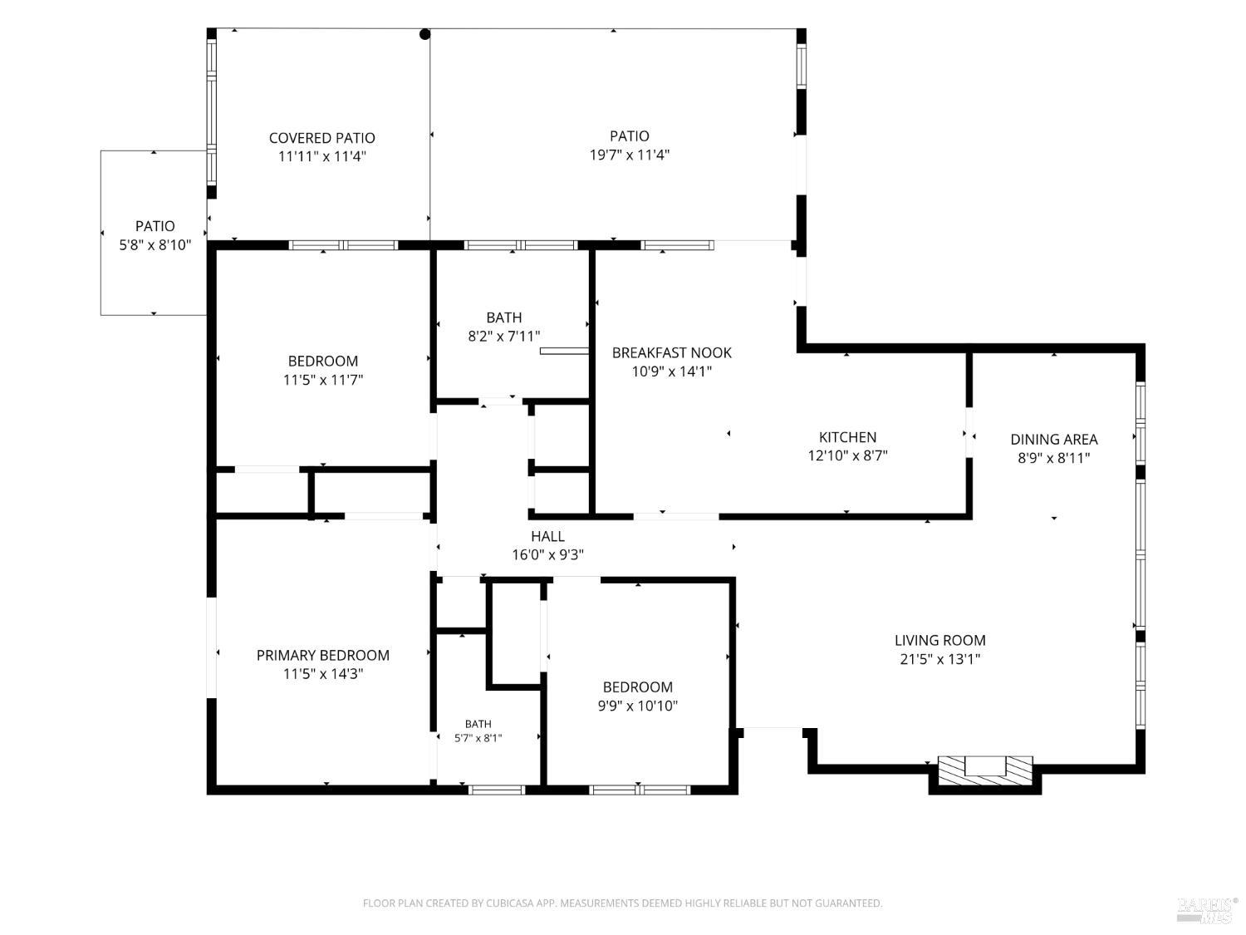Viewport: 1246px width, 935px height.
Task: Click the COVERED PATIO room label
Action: pyautogui.click(x=321, y=138)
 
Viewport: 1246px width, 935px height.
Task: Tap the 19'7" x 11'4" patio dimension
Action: pyautogui.click(x=630, y=155)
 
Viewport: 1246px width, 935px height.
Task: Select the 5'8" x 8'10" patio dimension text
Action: pyautogui.click(x=155, y=244)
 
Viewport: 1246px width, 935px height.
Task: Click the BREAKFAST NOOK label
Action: pyautogui.click(x=671, y=352)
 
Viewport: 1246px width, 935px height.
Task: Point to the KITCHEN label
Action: pyautogui.click(x=847, y=437)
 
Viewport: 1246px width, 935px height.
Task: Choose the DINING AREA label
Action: pyautogui.click(x=1053, y=439)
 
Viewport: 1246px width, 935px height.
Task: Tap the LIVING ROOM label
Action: pyautogui.click(x=940, y=640)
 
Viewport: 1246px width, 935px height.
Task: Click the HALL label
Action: pyautogui.click(x=547, y=536)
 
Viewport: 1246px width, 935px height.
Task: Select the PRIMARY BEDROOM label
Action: pyautogui.click(x=323, y=655)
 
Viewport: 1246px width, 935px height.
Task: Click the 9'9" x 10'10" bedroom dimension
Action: pyautogui.click(x=637, y=706)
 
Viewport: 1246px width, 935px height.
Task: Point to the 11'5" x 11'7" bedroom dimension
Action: pyautogui.click(x=323, y=379)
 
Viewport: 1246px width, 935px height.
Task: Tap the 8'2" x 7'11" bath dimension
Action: pyautogui.click(x=504, y=336)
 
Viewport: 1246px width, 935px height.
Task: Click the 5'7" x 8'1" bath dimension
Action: pyautogui.click(x=478, y=738)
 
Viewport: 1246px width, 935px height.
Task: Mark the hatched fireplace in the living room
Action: pyautogui.click(x=985, y=770)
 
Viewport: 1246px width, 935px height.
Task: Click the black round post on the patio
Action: pyautogui.click(x=424, y=34)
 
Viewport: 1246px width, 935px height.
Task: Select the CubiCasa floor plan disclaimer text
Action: pyautogui.click(x=623, y=903)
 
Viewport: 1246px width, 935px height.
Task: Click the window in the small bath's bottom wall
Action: pyautogui.click(x=497, y=789)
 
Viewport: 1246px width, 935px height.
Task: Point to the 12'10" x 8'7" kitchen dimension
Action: pyautogui.click(x=847, y=455)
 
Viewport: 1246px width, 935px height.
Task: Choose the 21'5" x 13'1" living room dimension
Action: pyautogui.click(x=940, y=658)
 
